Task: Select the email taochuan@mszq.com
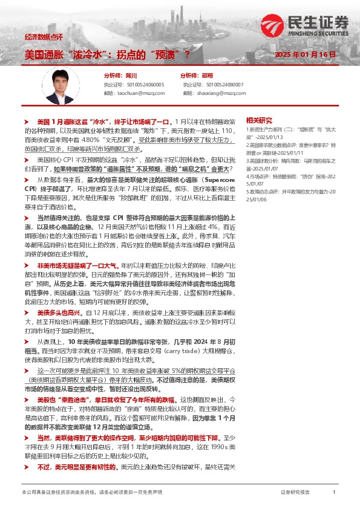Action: [x=142, y=94]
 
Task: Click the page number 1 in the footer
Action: [x=334, y=493]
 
